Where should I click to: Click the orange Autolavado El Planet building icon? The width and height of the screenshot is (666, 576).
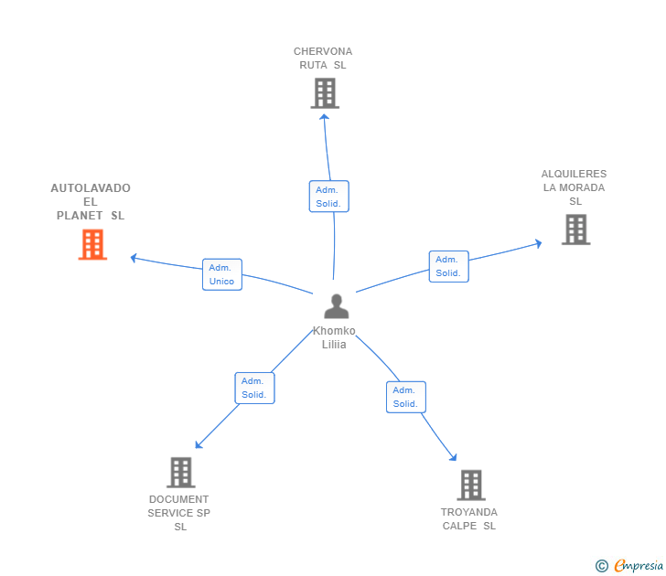[x=92, y=245]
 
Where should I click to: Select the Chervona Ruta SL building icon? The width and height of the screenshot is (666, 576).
[x=325, y=93]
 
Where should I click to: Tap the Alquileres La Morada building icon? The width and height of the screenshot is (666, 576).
[x=575, y=229]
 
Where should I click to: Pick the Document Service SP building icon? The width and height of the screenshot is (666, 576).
[x=181, y=472]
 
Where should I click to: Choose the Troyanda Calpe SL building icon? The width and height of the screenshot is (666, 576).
[x=470, y=485]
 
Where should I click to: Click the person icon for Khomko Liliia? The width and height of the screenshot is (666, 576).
[x=336, y=306]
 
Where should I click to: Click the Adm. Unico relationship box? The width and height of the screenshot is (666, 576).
[x=222, y=274]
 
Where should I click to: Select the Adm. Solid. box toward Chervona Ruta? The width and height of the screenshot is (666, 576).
[x=328, y=197]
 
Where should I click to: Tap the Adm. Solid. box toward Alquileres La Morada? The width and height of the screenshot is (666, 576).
[x=448, y=266]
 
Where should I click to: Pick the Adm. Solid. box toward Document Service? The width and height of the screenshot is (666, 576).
[x=254, y=388]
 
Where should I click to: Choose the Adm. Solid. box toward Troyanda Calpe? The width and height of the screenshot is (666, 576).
[x=405, y=397]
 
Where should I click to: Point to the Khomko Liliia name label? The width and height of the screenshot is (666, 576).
[x=334, y=337]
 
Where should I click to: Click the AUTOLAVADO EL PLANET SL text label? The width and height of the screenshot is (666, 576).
[x=91, y=202]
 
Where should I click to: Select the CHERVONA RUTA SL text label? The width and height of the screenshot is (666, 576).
[x=323, y=59]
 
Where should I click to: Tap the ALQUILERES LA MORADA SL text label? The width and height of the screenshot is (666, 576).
[x=575, y=187]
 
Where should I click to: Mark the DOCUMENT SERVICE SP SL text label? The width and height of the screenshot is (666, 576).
[x=179, y=513]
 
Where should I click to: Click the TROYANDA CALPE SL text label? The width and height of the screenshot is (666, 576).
[x=469, y=518]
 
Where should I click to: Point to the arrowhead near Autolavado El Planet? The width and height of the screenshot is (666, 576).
[x=134, y=258]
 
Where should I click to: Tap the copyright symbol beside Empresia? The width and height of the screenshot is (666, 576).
[x=601, y=566]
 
